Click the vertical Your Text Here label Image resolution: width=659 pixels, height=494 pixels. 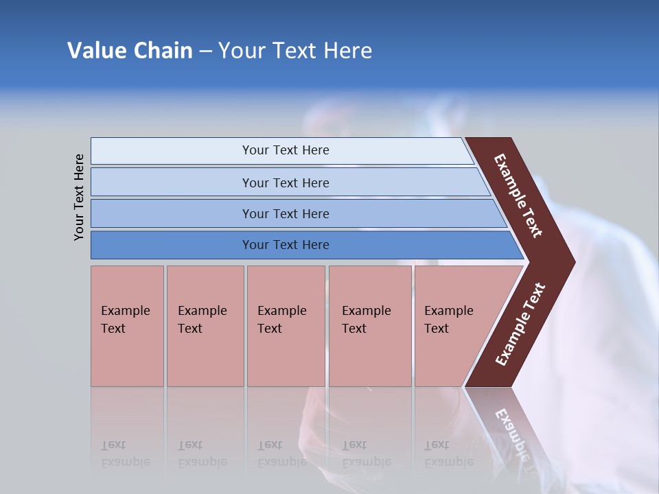(x=79, y=198)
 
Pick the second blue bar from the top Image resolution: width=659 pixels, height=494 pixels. (x=285, y=183)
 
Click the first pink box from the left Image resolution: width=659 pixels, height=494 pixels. (x=127, y=326)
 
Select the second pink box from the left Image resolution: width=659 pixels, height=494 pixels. (x=205, y=326)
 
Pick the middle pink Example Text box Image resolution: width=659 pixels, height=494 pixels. (x=286, y=326)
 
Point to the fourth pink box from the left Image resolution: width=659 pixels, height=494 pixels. (x=369, y=326)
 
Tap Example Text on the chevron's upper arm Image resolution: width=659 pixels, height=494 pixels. (x=518, y=196)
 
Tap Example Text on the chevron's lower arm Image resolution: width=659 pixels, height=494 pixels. (x=520, y=325)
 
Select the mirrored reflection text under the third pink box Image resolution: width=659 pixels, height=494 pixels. (x=281, y=454)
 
